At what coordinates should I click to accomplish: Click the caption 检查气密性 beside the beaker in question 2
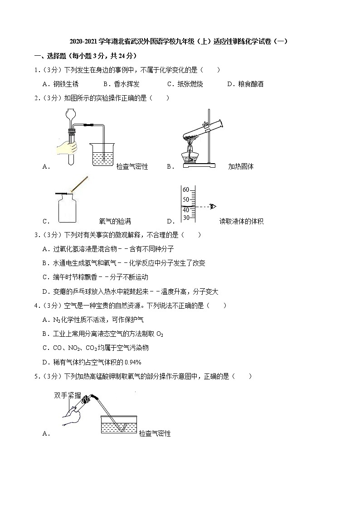click(132, 167)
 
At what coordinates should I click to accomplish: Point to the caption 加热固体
click(241, 166)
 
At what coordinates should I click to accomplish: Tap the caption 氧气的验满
click(115, 221)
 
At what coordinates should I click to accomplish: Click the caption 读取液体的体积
click(241, 221)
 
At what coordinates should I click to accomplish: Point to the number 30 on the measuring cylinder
click(185, 218)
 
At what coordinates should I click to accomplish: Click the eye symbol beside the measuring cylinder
click(213, 207)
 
